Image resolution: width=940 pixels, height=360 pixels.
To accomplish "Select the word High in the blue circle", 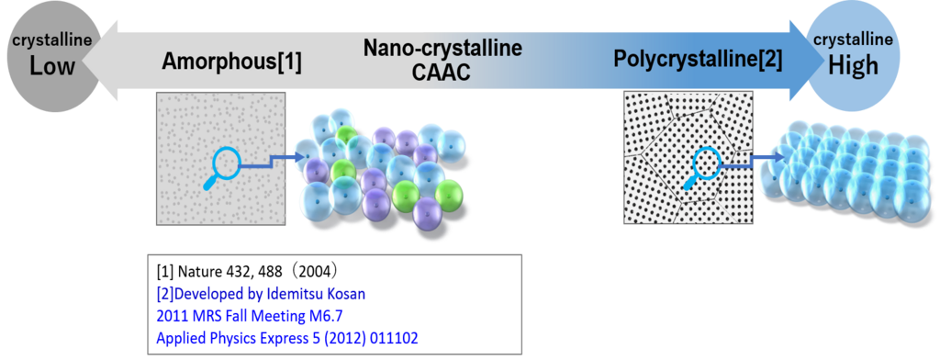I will pyautogui.click(x=853, y=66).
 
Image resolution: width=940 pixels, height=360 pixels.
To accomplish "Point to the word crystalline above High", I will pyautogui.click(x=853, y=40).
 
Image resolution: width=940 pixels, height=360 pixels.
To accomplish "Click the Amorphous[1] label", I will pyautogui.click(x=231, y=62).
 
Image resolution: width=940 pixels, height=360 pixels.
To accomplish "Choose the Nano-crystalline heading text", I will pyautogui.click(x=442, y=47).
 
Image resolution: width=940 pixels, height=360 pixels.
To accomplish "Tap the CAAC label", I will pyautogui.click(x=442, y=72).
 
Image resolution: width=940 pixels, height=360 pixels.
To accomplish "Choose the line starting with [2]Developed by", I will pyautogui.click(x=261, y=295).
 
